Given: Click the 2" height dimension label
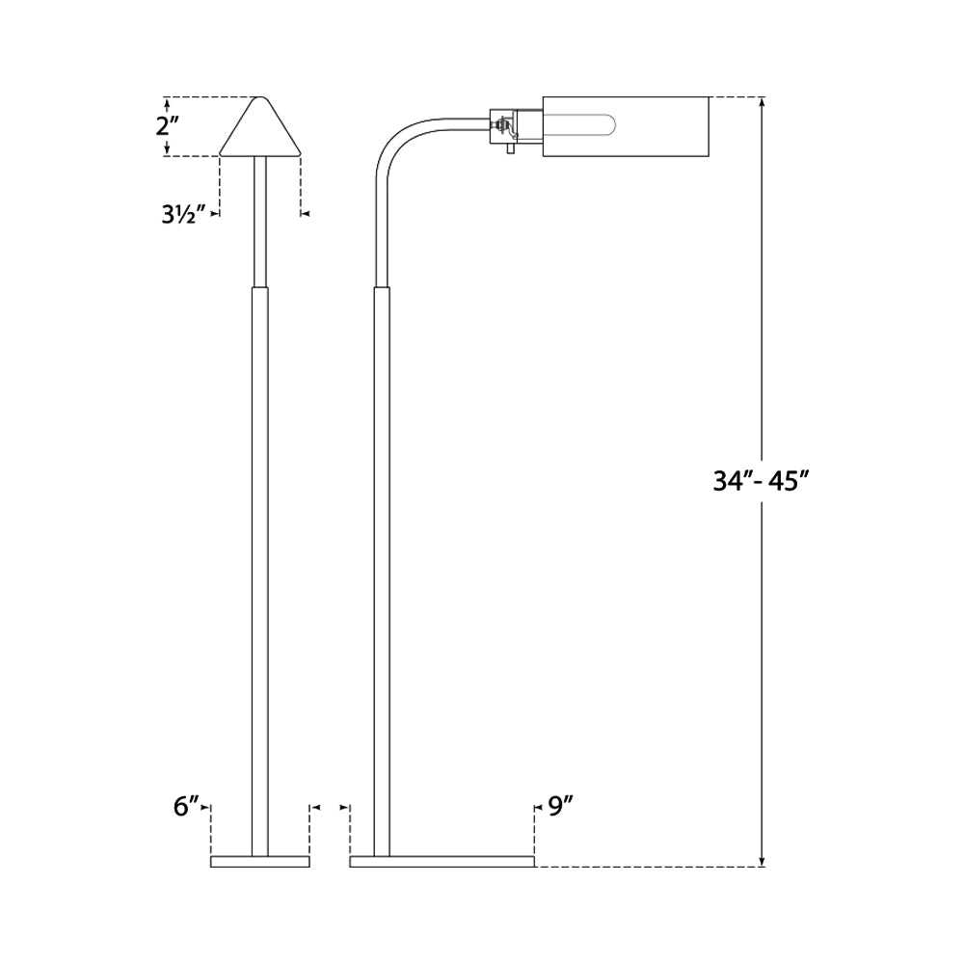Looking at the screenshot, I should pos(168,126).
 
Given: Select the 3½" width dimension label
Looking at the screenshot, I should pos(184,214).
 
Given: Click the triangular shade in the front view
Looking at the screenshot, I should pos(260,130).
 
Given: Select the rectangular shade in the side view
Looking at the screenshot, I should pos(627,125).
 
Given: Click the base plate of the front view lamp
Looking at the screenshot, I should pos(260,861).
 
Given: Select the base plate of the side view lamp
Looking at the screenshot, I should pos(442,861).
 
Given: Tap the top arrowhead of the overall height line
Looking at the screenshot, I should pos(763,102).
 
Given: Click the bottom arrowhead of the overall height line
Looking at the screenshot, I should pos(763,861).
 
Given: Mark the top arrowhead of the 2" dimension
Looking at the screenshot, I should pos(168,102).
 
